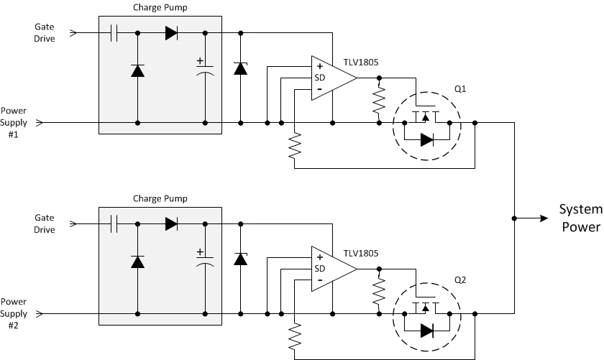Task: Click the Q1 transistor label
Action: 461,88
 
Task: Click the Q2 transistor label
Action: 461,280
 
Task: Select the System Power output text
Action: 580,218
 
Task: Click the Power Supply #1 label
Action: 13,123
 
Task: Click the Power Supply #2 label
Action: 13,314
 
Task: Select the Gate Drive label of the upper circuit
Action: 45,32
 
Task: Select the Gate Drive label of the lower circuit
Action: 45,223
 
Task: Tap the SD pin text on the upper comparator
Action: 320,78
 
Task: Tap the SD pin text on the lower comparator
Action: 320,269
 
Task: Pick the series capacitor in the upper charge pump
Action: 114,33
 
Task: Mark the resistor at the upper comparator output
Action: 379,101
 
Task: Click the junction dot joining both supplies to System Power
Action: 514,217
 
